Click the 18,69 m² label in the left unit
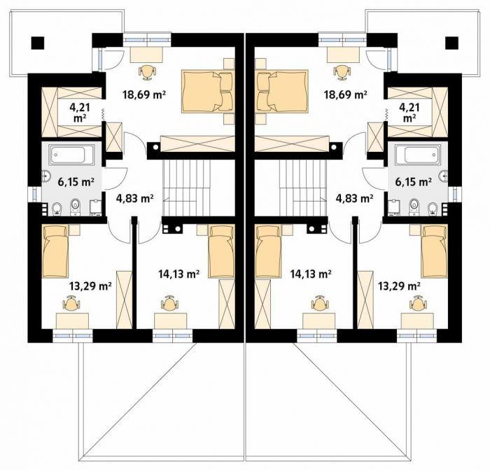[143, 94]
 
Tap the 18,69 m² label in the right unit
[345, 94]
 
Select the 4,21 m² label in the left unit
[80, 113]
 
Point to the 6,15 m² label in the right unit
[414, 181]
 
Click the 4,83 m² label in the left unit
[134, 198]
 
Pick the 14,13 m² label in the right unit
[311, 274]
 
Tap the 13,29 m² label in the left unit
[90, 286]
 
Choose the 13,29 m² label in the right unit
[399, 286]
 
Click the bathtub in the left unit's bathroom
[72, 155]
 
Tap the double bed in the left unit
[208, 92]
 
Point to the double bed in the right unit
[281, 92]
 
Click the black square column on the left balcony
[38, 43]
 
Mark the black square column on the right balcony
[452, 43]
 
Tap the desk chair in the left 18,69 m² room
[147, 71]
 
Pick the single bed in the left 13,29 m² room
[55, 251]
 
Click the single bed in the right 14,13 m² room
[268, 251]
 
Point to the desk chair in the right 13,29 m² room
[417, 303]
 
